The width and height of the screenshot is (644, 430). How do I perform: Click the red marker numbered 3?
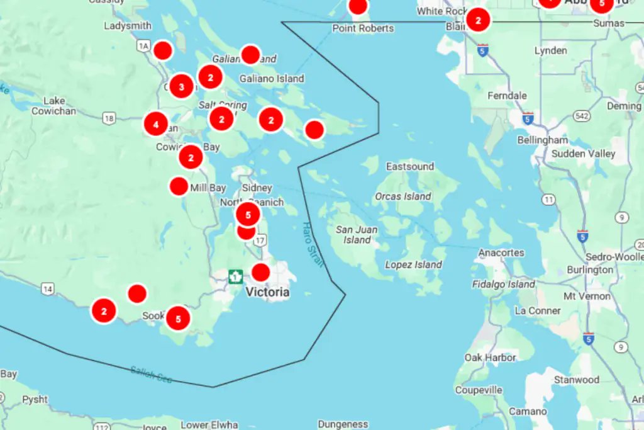click(182, 86)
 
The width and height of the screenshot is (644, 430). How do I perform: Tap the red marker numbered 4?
click(156, 124)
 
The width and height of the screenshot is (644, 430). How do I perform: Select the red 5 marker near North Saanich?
click(248, 215)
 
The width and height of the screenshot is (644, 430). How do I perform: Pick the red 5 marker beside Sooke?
click(178, 319)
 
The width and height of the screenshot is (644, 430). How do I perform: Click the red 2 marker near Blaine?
click(478, 20)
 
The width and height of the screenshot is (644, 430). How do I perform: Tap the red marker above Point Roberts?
click(358, 6)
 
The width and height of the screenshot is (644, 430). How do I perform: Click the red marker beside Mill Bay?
click(179, 186)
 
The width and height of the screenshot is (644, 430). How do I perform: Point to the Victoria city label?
click(267, 292)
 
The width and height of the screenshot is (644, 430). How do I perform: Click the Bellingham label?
click(542, 140)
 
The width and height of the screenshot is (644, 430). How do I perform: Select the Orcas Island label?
click(403, 196)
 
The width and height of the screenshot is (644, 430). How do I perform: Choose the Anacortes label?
click(501, 252)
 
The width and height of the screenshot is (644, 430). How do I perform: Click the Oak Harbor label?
click(490, 358)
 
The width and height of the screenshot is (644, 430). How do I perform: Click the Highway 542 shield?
click(581, 116)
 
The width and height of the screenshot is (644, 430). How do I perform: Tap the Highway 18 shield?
click(109, 118)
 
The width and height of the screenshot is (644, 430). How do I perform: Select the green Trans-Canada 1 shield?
click(235, 276)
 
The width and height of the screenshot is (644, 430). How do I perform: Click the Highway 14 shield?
click(47, 288)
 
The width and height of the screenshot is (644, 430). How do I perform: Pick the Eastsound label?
click(410, 167)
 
